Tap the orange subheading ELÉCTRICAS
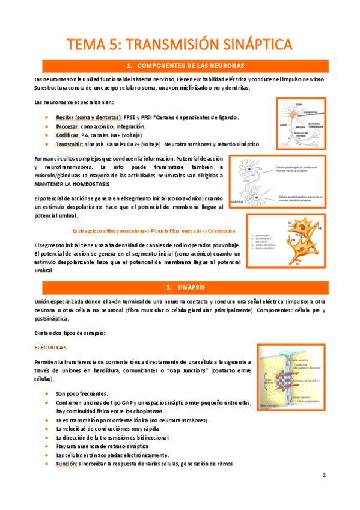[x=51, y=348]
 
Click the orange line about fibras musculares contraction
[x=153, y=231]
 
